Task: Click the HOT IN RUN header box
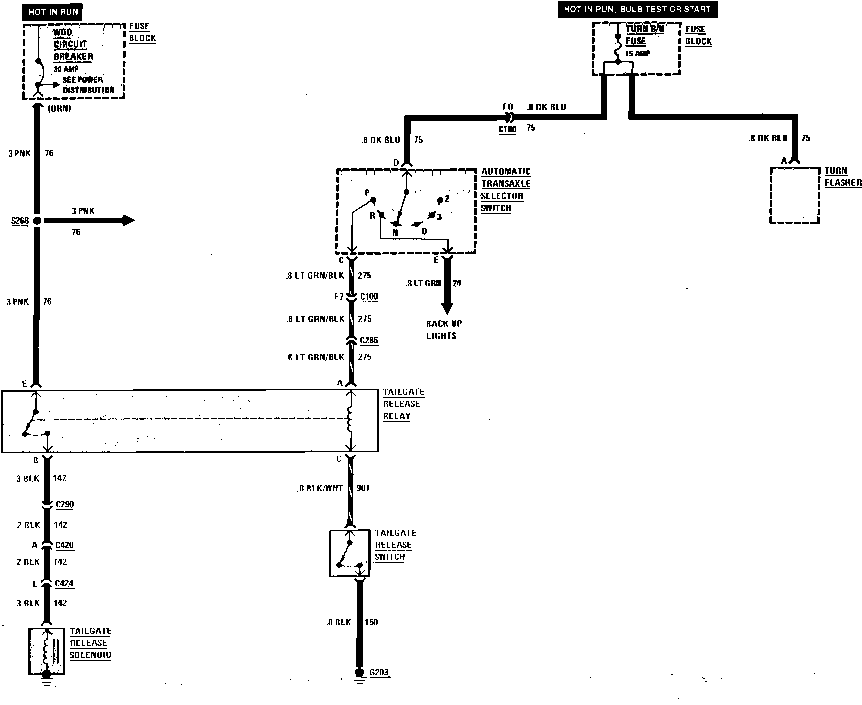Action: [x=52, y=12]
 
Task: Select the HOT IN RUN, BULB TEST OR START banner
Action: [x=637, y=9]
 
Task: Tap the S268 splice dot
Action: [x=37, y=220]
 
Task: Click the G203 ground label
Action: [x=379, y=672]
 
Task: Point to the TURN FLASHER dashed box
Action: [x=794, y=195]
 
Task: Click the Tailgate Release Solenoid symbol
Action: [x=46, y=650]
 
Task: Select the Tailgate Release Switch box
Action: [x=350, y=553]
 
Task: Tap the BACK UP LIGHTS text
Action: [x=444, y=330]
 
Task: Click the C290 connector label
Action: [x=64, y=504]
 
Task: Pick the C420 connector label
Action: [x=64, y=545]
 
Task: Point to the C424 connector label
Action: [x=64, y=583]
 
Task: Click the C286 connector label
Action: [x=369, y=340]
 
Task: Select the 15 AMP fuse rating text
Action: [x=637, y=53]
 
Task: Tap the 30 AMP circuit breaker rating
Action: [x=66, y=69]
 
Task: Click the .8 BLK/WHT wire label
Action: [x=320, y=488]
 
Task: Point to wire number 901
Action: [x=363, y=488]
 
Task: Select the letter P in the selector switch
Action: [x=367, y=193]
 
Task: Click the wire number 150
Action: [x=371, y=622]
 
